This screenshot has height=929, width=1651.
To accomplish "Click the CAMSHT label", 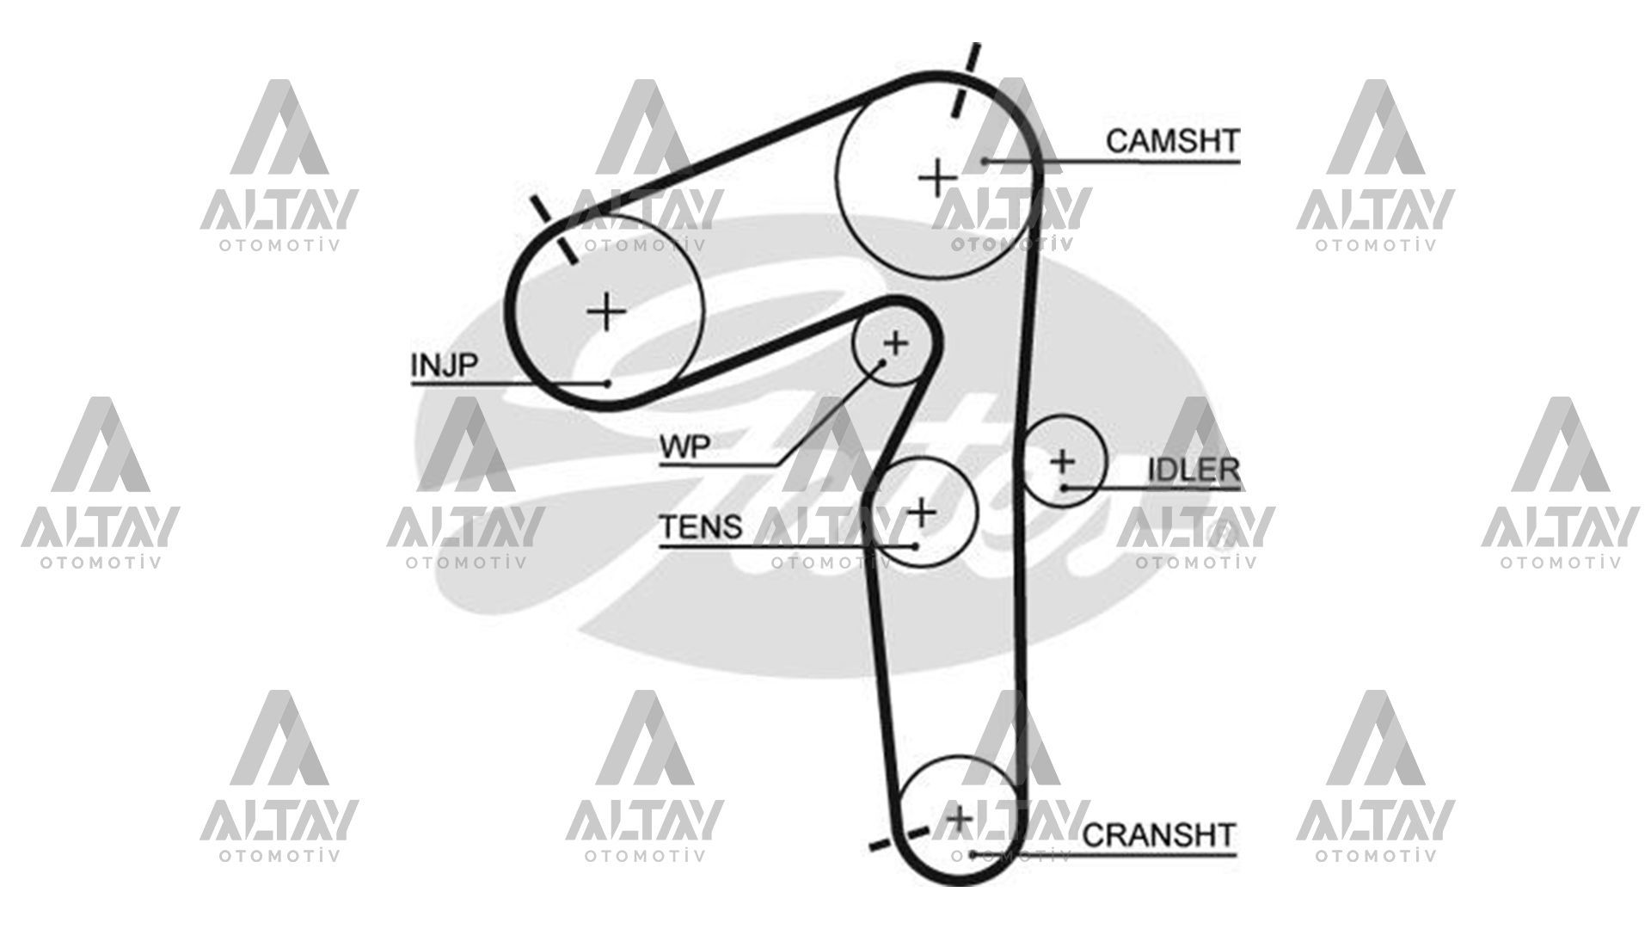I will pos(1172,141).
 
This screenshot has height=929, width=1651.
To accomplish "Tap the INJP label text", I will pos(443,365).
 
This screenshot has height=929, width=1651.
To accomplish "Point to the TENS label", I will pos(700,526).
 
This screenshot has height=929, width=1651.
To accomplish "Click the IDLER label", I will pos(1194,470).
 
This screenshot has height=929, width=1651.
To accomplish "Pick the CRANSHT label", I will pos(1158,834).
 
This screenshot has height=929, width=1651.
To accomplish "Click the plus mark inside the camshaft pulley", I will pos(937,179).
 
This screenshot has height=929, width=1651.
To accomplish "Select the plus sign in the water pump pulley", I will pos(895,344).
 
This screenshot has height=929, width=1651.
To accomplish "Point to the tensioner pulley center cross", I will pos(922,512).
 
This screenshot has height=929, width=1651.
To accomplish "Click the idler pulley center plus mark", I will pos(1063,461).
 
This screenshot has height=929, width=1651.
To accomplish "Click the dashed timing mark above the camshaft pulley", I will pos(965,80).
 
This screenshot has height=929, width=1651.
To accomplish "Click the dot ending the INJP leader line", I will pos(607,383).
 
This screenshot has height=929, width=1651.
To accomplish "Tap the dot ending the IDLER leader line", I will pos(1064,488).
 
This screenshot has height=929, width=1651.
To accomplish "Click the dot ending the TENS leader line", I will pos(916,545).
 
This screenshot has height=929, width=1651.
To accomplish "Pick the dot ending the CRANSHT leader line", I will pos(972,854).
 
